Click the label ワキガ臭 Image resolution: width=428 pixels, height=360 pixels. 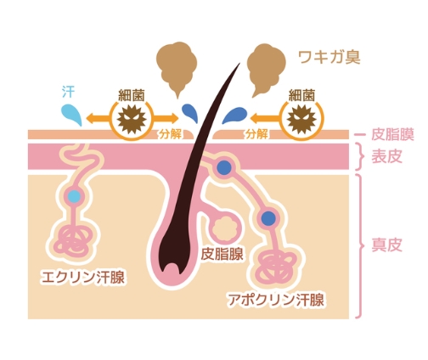[329, 57]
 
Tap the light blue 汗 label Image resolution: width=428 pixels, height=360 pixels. [68, 92]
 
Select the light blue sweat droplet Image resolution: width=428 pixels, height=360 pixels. [71, 115]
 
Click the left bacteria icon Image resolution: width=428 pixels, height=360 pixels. [132, 119]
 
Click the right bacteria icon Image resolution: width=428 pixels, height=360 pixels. [301, 119]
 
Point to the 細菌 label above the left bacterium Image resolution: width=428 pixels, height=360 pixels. [132, 95]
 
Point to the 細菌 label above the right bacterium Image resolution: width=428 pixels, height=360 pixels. [301, 95]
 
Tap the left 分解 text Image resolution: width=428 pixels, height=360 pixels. [170, 134]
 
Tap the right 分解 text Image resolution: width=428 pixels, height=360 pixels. [256, 134]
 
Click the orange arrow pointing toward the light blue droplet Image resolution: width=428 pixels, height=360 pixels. [99, 117]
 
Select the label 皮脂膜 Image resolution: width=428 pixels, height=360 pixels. [392, 134]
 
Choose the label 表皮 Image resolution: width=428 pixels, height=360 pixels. [386, 156]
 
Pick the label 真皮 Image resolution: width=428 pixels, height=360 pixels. [386, 245]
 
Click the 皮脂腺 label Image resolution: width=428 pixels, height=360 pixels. [222, 254]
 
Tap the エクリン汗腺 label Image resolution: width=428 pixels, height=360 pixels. [82, 277]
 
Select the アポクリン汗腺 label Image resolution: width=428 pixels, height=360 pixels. [276, 300]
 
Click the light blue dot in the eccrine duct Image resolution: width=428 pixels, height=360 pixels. [74, 196]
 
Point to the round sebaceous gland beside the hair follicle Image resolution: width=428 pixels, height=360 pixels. [225, 228]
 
